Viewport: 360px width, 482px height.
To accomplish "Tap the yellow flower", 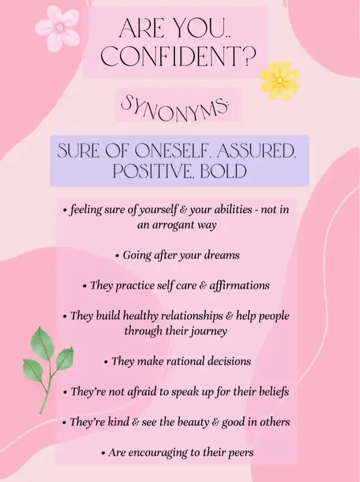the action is click(280, 81).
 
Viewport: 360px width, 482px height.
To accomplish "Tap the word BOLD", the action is click(223, 172).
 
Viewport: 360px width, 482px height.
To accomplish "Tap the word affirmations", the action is click(239, 285).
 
